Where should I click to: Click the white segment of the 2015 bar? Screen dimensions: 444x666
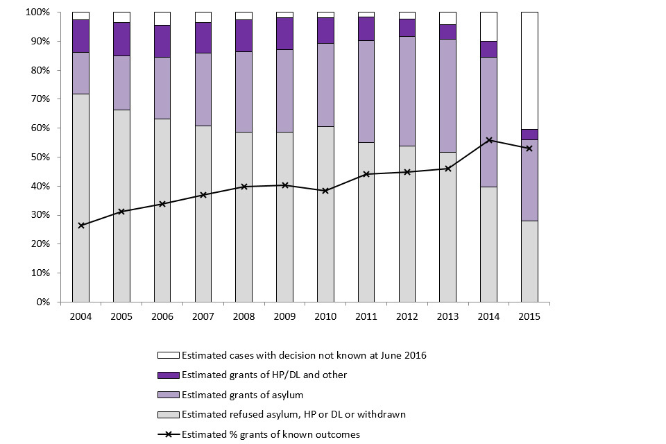tap(529, 69)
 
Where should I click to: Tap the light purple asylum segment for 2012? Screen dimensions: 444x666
tap(407, 90)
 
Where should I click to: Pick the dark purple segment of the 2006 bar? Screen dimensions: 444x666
tap(162, 41)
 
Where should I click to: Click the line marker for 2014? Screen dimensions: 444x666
tap(489, 140)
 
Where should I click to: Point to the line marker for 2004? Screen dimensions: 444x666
tap(80, 225)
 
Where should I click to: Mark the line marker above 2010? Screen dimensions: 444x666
tap(325, 191)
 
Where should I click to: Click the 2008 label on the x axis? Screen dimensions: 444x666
tap(244, 316)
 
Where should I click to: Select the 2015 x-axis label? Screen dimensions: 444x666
tap(529, 316)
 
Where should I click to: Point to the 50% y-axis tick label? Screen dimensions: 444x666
tap(39, 157)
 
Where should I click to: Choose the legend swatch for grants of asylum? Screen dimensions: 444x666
tap(169, 395)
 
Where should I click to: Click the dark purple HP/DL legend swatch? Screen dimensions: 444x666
tap(169, 375)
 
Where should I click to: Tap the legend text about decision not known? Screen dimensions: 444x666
tap(303, 355)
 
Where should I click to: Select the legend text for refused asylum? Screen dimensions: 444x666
tap(293, 415)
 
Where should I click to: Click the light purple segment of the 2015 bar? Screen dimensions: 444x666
tap(529, 180)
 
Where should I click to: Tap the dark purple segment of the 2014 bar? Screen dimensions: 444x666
tap(489, 49)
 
